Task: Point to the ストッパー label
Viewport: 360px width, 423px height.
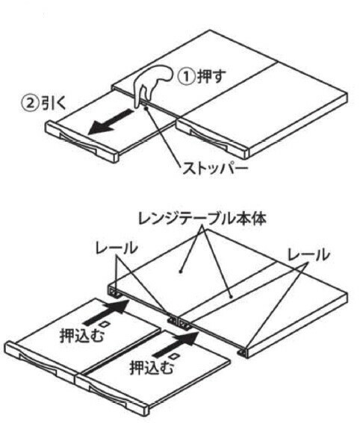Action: [x=214, y=169]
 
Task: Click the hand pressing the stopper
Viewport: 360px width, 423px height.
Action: [x=151, y=83]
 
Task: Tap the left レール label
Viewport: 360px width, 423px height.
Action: [x=116, y=248]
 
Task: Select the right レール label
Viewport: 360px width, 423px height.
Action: [x=308, y=254]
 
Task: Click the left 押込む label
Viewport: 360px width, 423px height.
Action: [x=81, y=335]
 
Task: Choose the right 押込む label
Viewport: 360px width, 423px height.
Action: [x=152, y=368]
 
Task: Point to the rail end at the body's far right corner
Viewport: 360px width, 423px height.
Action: [x=243, y=353]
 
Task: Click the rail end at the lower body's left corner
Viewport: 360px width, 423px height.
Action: [x=114, y=292]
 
